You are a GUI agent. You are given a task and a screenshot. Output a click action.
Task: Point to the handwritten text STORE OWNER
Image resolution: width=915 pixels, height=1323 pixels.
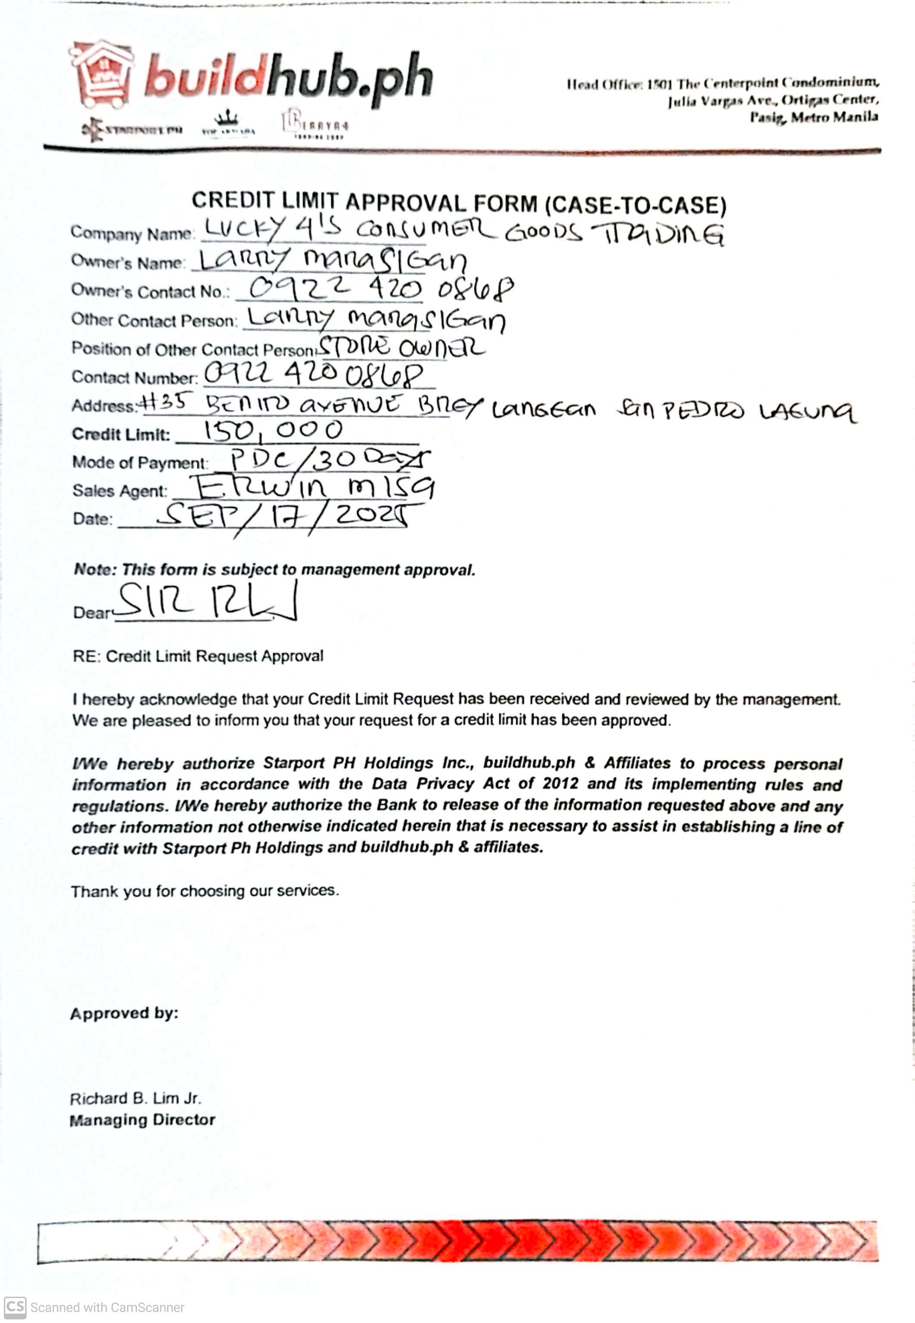(x=401, y=347)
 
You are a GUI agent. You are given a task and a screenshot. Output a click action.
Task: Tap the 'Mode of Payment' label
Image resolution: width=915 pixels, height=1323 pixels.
(x=139, y=462)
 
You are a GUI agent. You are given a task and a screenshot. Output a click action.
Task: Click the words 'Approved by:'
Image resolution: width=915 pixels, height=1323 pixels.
(x=124, y=1013)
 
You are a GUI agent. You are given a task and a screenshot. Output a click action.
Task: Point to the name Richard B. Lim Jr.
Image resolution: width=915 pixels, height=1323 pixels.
(x=135, y=1098)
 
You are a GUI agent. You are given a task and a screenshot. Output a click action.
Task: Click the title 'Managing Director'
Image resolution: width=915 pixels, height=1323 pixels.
(x=142, y=1120)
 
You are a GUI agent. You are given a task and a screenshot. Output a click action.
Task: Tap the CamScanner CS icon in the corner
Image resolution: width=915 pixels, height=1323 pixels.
(x=15, y=1307)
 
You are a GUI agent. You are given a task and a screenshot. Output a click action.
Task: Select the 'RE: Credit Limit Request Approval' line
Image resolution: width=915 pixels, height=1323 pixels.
(x=198, y=656)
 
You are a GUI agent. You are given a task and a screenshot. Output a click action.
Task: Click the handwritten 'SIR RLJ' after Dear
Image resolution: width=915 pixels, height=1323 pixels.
(x=206, y=602)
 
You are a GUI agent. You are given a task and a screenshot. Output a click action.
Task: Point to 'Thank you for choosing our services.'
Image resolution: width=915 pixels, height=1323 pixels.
(x=205, y=891)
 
